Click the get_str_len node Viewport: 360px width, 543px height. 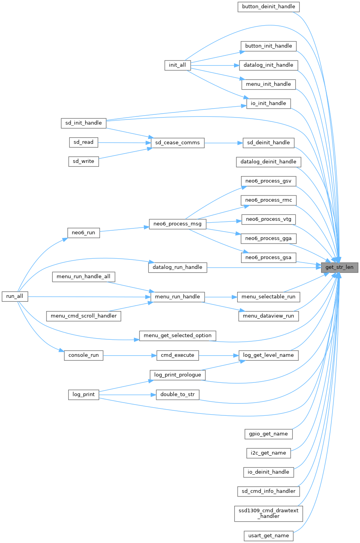339,267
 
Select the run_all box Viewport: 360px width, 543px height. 15,296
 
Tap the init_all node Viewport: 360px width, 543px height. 177,65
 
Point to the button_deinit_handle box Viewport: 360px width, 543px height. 269,7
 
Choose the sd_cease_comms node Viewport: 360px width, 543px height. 177,142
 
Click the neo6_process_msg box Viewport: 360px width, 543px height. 177,224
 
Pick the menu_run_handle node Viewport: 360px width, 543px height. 177,297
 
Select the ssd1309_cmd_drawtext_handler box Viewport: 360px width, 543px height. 269,513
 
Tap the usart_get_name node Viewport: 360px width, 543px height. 269,536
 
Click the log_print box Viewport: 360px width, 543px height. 84,394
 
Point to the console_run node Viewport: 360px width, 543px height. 84,355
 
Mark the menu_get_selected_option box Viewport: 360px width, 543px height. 177,335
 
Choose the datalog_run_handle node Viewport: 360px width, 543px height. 177,267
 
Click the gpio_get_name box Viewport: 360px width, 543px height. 269,434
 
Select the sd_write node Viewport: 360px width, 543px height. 84,161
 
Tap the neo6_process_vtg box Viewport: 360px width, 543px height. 269,219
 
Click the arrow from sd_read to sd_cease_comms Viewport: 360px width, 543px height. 124,142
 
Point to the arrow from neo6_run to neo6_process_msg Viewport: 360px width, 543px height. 124,229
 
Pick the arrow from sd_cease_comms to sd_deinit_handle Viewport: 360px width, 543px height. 223,143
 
